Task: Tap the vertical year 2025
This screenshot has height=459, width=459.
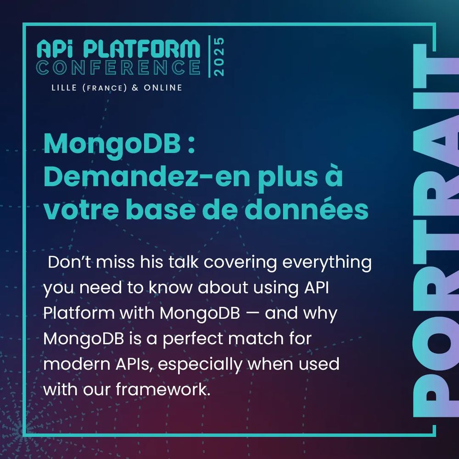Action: [219, 56]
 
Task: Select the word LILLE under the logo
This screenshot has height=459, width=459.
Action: [64, 88]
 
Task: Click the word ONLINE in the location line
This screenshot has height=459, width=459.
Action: [163, 88]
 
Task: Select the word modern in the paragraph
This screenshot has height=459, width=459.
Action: [75, 365]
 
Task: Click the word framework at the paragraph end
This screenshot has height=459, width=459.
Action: [168, 390]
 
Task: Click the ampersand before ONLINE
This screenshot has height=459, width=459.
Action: [135, 88]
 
